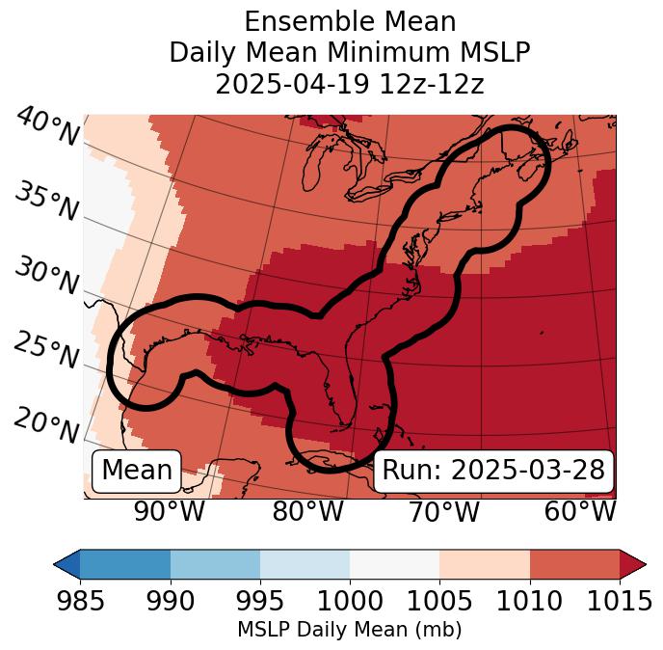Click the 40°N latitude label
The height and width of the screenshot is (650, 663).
[x=46, y=126]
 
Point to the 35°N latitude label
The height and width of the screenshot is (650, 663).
[x=46, y=202]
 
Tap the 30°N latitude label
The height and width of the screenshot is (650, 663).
[x=46, y=277]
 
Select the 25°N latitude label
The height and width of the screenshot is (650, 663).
[x=46, y=351]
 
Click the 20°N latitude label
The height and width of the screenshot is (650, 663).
[x=46, y=425]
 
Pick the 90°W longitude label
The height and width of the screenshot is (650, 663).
[x=170, y=511]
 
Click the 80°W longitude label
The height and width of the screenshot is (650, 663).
[x=308, y=511]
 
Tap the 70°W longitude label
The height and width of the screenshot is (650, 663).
[x=444, y=511]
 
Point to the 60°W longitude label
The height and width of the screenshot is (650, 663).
[x=580, y=511]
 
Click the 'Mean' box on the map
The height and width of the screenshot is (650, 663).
[x=137, y=471]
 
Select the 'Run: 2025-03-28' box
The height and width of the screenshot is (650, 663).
[x=493, y=471]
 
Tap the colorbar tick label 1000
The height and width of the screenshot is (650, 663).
[x=350, y=602]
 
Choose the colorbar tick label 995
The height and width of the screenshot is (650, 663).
[x=260, y=602]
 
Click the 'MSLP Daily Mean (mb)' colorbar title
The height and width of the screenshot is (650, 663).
[x=350, y=630]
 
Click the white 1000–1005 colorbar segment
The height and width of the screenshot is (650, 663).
[x=394, y=563]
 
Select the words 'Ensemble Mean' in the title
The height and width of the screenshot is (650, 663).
[x=350, y=21]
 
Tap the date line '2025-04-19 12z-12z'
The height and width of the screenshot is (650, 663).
[x=350, y=84]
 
